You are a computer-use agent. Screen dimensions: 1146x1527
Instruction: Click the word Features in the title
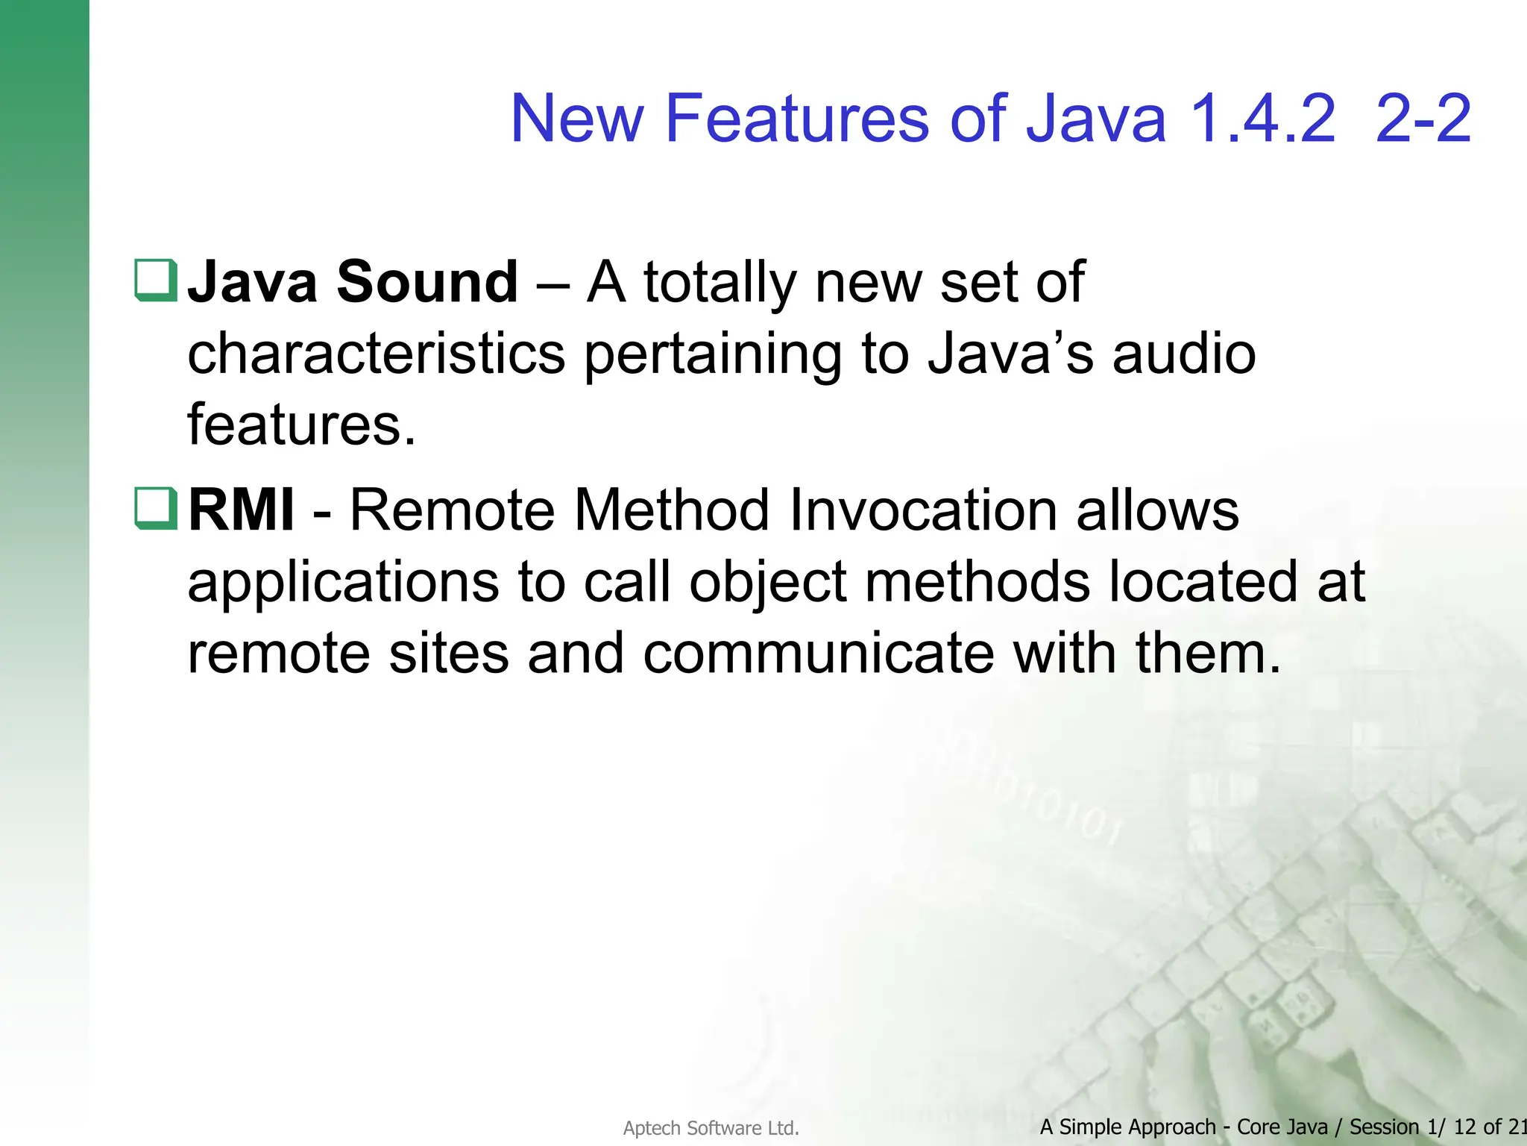point(797,119)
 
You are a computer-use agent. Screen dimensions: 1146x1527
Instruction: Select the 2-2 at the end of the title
point(1423,119)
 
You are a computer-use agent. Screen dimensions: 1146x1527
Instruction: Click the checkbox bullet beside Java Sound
point(156,280)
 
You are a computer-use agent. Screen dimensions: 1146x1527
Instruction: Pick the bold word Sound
point(426,282)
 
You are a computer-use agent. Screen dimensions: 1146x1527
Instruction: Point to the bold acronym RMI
point(241,510)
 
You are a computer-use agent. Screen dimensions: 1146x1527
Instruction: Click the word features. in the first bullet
point(300,425)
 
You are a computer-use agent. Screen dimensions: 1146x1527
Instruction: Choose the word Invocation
point(923,510)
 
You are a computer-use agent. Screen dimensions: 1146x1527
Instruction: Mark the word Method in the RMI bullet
point(673,510)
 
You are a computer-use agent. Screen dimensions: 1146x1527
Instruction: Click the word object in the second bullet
point(767,583)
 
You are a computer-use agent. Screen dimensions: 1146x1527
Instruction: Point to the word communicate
point(818,654)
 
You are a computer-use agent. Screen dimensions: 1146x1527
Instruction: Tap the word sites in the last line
point(449,654)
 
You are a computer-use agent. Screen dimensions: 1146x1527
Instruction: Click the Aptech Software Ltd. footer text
point(711,1128)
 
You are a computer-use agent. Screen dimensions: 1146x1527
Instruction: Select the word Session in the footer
point(1384,1127)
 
